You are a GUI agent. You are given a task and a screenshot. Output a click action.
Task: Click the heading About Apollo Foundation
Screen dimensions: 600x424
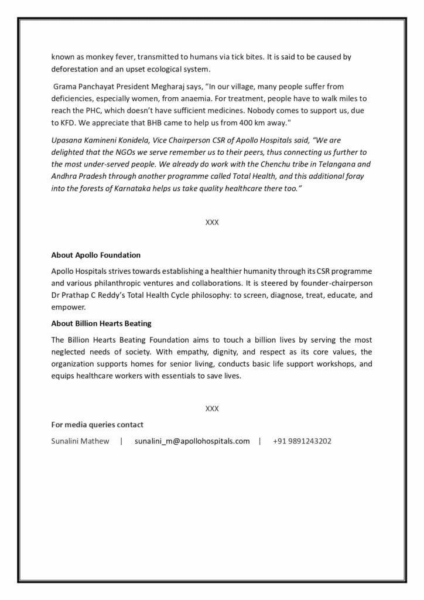coord(95,255)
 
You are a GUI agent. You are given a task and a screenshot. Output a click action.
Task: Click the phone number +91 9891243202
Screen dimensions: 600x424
coord(302,441)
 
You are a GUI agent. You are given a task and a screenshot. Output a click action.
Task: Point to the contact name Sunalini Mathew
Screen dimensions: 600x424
coord(80,441)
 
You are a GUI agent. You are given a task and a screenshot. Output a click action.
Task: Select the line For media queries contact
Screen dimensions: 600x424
coord(97,424)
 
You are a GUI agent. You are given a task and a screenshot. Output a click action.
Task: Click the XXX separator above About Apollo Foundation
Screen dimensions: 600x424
coord(212,223)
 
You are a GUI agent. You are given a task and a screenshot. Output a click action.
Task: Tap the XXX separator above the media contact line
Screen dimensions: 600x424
coord(212,408)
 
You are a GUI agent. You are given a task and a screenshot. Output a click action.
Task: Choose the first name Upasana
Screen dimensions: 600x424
coord(67,140)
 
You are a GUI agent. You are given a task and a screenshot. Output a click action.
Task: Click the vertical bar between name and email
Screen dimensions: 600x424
coord(121,441)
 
